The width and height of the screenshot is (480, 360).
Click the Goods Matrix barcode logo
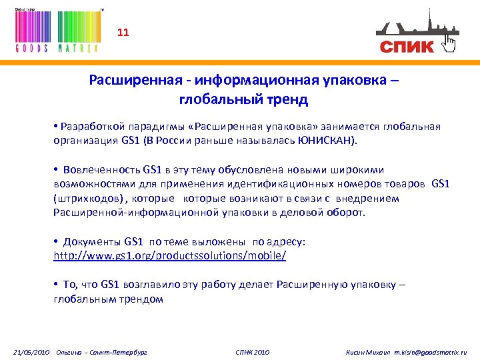(x=57, y=31)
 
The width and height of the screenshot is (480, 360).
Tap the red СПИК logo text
(x=407, y=47)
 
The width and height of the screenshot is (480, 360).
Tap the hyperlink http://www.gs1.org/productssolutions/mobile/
(x=170, y=255)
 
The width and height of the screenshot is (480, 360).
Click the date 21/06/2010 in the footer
(x=32, y=351)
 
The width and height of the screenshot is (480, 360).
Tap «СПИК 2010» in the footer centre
(x=253, y=351)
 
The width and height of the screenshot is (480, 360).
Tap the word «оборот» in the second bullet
(x=348, y=213)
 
